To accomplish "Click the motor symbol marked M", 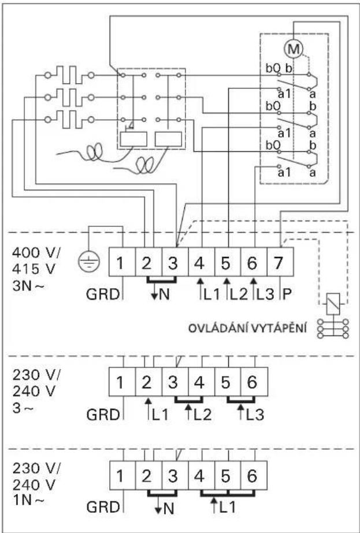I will click(x=295, y=48).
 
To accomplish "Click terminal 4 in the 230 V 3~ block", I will click(x=201, y=382).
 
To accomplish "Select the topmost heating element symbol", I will click(x=69, y=75).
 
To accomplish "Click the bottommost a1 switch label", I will click(x=283, y=172).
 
